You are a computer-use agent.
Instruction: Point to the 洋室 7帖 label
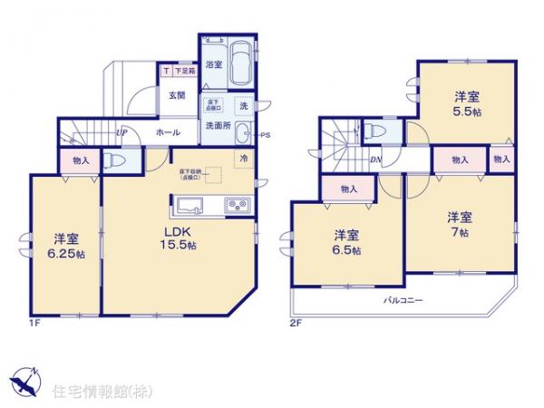tap(460, 224)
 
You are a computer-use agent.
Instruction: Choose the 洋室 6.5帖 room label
tap(345, 239)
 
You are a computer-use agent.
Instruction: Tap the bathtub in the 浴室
tap(240, 64)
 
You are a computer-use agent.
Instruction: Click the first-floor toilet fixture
tap(113, 160)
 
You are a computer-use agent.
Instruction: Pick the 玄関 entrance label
tap(177, 93)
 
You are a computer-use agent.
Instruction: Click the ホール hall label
tap(166, 132)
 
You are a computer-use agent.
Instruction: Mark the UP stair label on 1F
tap(121, 133)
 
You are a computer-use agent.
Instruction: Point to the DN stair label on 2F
tap(376, 160)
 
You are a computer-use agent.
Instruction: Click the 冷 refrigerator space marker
tap(244, 158)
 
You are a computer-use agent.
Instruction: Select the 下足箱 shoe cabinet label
tap(180, 71)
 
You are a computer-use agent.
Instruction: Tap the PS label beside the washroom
tap(265, 136)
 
